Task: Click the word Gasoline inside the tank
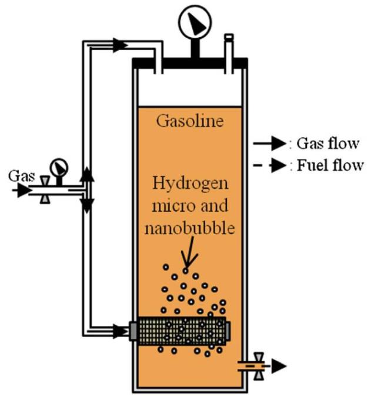189,122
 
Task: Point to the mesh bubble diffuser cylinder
181,331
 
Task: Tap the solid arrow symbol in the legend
268,143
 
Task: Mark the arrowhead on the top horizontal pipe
119,44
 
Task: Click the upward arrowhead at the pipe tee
86,173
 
